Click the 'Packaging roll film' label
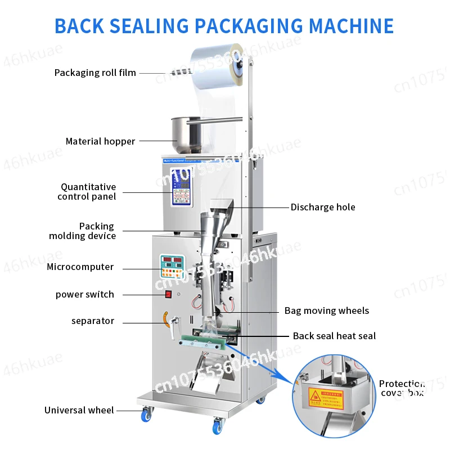(95, 73)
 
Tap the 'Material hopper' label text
(100, 141)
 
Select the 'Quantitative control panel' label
(87, 191)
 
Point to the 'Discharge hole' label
(323, 207)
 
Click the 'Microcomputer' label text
(80, 267)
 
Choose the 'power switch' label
(84, 294)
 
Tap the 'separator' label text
(93, 321)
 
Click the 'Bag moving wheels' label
(327, 310)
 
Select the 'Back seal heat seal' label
(334, 336)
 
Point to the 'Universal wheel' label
(79, 410)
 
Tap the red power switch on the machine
(167, 293)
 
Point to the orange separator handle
(165, 318)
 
